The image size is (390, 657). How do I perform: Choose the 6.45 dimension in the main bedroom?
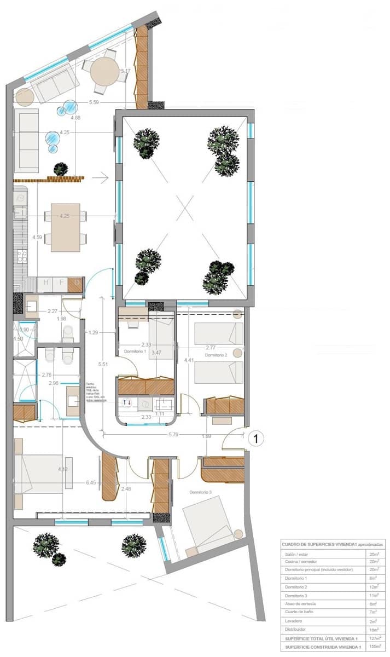(x=91, y=482)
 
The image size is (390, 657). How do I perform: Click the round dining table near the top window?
(x=105, y=72)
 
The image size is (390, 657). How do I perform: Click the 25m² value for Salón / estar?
(x=374, y=554)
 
